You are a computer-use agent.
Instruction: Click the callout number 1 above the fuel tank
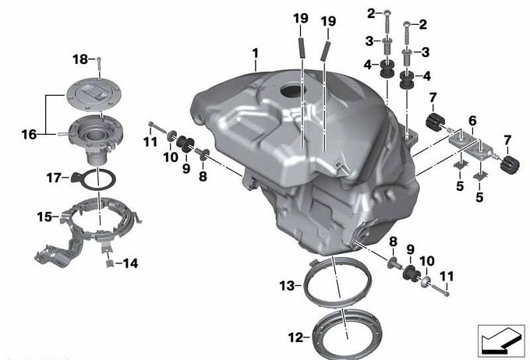[x=255, y=54]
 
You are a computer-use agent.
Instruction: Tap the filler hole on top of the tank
[x=293, y=90]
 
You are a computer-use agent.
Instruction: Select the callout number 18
[x=80, y=59]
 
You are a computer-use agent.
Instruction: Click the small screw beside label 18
[x=99, y=68]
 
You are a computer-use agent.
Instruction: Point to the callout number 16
[x=29, y=135]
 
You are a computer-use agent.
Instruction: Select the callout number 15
[x=44, y=217]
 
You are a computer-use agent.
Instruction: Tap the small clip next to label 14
[x=109, y=263]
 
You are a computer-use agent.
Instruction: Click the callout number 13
[x=287, y=286]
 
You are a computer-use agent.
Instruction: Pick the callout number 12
[x=295, y=337]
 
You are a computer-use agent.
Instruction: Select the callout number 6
[x=472, y=121]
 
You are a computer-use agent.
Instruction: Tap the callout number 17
[x=54, y=178]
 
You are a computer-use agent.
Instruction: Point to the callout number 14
[x=130, y=263]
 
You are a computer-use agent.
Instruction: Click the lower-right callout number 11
[x=447, y=277]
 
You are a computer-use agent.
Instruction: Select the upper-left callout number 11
[x=150, y=142]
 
